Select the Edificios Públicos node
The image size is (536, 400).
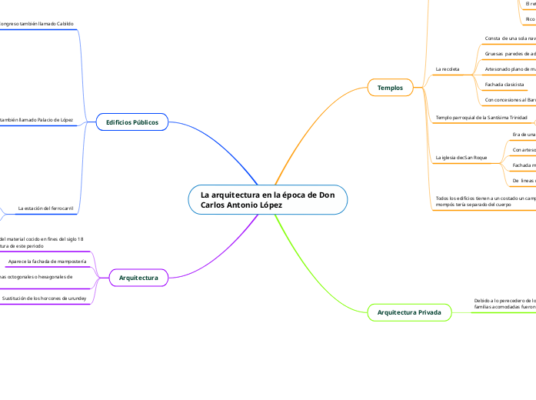tap(132, 122)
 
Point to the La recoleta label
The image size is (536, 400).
tap(448, 69)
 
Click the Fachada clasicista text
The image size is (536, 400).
tap(504, 84)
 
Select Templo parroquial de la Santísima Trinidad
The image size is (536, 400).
tap(481, 118)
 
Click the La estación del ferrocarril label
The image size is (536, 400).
tap(45, 208)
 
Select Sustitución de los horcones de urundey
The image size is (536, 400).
tap(45, 298)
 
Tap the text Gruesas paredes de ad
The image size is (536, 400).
tap(510, 54)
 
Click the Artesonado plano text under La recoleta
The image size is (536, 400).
tap(510, 69)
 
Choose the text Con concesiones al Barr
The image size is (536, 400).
tap(510, 100)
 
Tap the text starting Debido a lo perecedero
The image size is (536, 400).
tap(504, 303)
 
